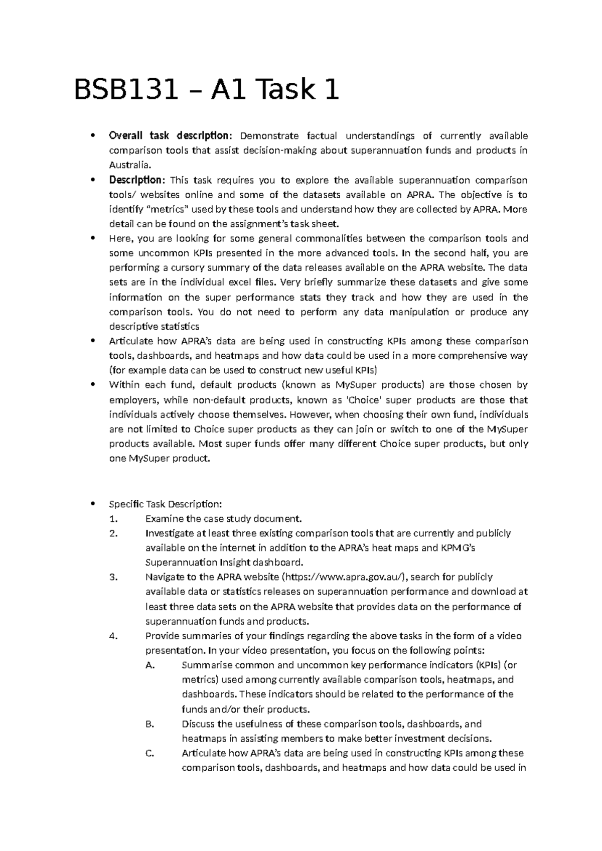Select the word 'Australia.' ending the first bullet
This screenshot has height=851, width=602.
click(x=129, y=165)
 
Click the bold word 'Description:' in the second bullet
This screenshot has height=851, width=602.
click(x=137, y=180)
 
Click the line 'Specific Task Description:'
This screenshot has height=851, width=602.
click(x=165, y=504)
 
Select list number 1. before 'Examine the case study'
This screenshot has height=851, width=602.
click(x=112, y=518)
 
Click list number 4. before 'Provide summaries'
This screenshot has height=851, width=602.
click(x=113, y=636)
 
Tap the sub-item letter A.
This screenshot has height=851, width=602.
click(x=148, y=665)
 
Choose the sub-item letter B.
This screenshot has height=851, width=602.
click(x=148, y=724)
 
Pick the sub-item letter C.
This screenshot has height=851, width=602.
click(x=148, y=753)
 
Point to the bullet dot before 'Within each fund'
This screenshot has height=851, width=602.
click(x=91, y=385)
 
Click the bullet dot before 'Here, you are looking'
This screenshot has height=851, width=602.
click(x=91, y=238)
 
